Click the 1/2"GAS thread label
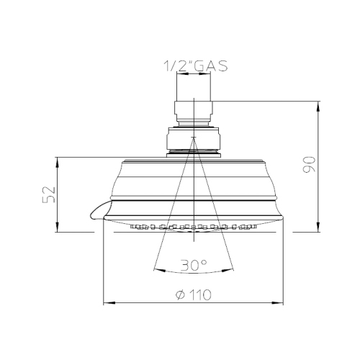(x=192, y=66)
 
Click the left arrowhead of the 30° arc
(x=158, y=271)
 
